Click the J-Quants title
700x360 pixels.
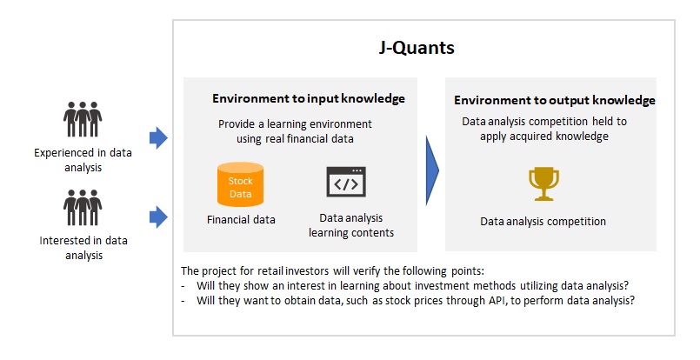click(417, 48)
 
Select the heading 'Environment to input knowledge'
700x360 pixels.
click(309, 99)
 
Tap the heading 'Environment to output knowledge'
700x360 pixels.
click(555, 100)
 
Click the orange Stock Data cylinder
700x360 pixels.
click(240, 184)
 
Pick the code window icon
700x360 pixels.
click(346, 182)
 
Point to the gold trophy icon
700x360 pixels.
click(543, 183)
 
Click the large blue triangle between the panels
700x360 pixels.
click(432, 170)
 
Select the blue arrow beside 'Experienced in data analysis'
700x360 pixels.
click(158, 137)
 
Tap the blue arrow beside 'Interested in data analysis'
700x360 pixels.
click(158, 217)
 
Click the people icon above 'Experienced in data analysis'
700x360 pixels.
click(83, 119)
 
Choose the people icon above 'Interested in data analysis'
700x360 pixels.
click(83, 207)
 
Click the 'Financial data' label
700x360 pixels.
click(241, 220)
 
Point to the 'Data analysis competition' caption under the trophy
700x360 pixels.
click(543, 222)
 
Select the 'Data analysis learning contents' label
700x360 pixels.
click(351, 225)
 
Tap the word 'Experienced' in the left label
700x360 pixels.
click(64, 153)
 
